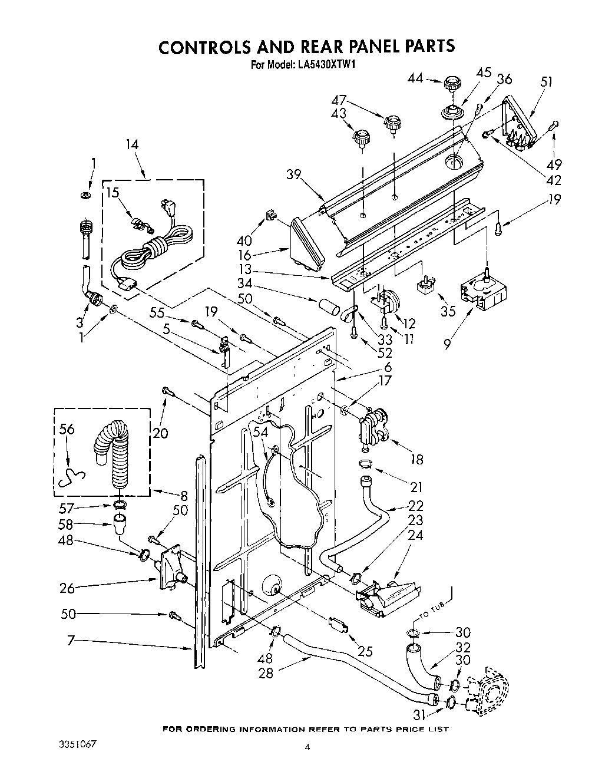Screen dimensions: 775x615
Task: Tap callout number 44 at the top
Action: coord(416,77)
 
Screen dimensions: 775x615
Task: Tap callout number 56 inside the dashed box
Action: coord(67,429)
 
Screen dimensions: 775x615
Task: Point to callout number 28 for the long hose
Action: coord(266,672)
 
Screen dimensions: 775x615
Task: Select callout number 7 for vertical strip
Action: coord(71,640)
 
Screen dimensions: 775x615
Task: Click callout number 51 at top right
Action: coord(545,81)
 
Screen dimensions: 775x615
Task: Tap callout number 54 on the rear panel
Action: coord(260,433)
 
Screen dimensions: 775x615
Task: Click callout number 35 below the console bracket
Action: coord(448,311)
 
